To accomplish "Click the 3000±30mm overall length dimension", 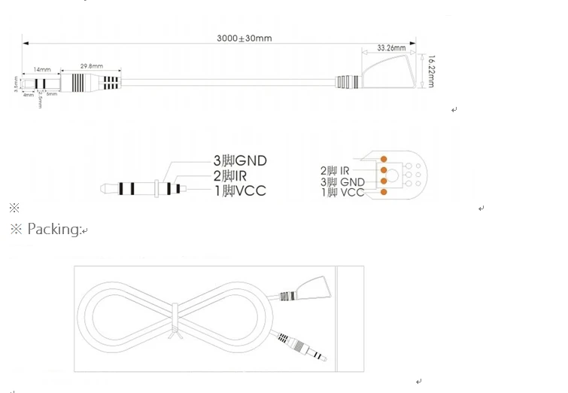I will tap(244, 38).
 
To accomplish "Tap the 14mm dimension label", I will tap(41, 69).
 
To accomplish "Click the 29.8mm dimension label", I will tap(91, 65).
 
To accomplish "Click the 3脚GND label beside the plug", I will tap(240, 160).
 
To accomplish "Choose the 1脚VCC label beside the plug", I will tap(239, 191).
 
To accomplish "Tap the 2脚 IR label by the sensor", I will tap(336, 171).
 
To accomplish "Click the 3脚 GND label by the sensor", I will tap(342, 181).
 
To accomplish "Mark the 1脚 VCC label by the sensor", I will tap(342, 193).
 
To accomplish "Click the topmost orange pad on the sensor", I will tap(384, 159).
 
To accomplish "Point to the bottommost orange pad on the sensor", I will tap(384, 192).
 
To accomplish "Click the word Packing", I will tap(53, 229).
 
